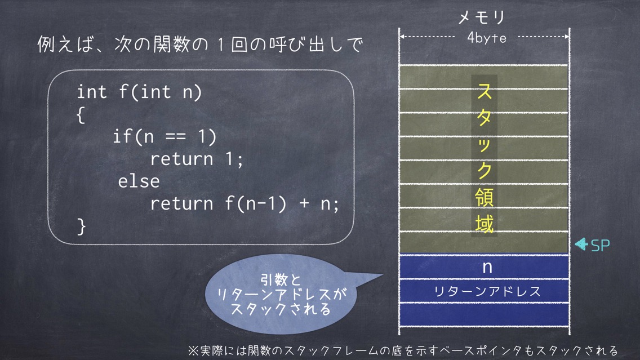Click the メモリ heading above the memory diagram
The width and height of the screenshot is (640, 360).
click(482, 17)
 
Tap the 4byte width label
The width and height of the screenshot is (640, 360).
click(487, 38)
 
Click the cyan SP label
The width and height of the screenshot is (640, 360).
click(601, 245)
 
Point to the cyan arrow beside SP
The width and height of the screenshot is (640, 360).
click(581, 244)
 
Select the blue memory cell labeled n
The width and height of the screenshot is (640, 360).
click(484, 267)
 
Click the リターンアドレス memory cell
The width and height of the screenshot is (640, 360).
click(484, 291)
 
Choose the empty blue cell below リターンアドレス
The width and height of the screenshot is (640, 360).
click(484, 314)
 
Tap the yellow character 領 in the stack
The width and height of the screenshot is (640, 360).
click(485, 198)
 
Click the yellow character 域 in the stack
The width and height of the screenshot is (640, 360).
click(485, 224)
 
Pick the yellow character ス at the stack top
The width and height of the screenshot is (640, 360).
click(485, 91)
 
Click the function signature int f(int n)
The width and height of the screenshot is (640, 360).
click(139, 92)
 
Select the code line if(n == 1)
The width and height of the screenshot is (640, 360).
click(165, 136)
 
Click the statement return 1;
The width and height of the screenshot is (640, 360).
click(197, 159)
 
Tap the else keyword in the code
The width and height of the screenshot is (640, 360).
click(139, 181)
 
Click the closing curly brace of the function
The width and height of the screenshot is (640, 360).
click(81, 226)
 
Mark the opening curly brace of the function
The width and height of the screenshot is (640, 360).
click(81, 115)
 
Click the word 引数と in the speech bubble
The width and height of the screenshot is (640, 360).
click(281, 281)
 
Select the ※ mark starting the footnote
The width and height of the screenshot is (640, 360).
click(193, 350)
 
